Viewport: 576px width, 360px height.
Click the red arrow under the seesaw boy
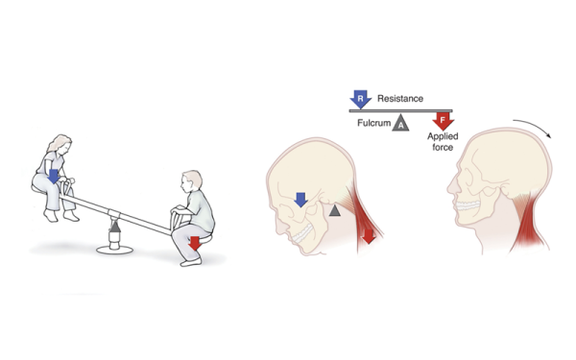[x=195, y=243]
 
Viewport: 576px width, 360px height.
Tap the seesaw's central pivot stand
[x=117, y=228]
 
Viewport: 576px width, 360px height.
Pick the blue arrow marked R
[x=360, y=99]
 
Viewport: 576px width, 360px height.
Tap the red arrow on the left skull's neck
[x=367, y=234]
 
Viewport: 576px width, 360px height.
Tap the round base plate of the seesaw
[x=117, y=248]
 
